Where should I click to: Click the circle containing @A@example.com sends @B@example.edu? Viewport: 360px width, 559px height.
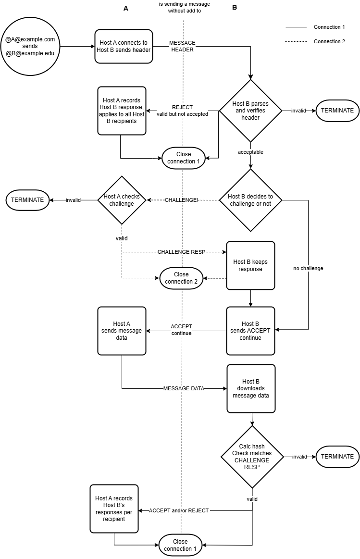30,46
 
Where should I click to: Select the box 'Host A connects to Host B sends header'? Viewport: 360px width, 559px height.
124,46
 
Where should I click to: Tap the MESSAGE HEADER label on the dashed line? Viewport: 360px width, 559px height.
182,46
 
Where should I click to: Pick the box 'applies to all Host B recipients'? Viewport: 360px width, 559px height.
122,111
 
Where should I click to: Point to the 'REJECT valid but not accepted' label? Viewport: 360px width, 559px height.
182,111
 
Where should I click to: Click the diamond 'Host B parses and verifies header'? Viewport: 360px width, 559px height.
250,111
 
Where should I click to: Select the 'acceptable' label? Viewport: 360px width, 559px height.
250,152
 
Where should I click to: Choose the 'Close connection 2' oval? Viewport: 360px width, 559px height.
182,278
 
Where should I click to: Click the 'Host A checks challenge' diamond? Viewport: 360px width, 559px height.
122,200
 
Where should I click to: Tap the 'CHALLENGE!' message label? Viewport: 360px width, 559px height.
181,200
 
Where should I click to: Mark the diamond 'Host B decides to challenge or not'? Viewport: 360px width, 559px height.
250,200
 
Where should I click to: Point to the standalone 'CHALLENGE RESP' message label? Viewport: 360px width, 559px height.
181,252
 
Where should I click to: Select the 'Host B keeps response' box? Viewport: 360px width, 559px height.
250,265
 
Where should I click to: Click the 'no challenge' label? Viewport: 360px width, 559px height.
308,268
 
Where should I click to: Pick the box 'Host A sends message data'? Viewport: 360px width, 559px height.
122,331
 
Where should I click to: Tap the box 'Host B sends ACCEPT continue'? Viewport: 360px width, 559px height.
250,331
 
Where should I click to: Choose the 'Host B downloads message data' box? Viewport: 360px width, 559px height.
251,388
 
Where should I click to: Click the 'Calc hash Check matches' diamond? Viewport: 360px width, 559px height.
252,457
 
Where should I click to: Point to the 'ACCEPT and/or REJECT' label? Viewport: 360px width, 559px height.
179,510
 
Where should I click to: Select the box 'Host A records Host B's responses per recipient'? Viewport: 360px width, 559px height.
114,509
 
